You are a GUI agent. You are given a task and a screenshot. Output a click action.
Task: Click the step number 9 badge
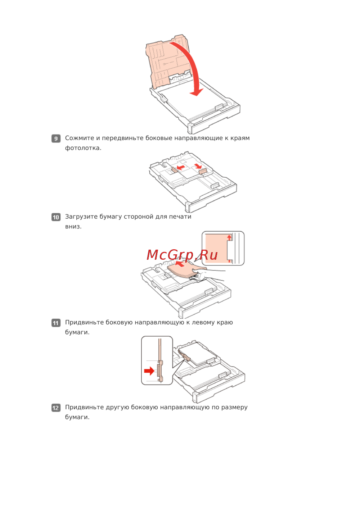coord(56,138)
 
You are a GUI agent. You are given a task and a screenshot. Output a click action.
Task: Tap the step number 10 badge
coord(56,217)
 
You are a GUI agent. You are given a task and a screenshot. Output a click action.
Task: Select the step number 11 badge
coord(56,323)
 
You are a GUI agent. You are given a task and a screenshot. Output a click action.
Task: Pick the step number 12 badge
coord(56,408)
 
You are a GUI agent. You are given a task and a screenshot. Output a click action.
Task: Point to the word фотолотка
coord(83,148)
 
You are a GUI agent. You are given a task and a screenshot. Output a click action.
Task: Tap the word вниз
coord(73,227)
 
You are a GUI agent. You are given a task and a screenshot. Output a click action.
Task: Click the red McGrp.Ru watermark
coord(182,255)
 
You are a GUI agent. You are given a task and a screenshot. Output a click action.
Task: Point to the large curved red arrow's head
coord(197,92)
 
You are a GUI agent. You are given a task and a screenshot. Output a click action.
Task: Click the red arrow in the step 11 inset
coord(149,371)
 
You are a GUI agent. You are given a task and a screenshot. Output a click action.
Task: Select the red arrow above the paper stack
coord(180,264)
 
